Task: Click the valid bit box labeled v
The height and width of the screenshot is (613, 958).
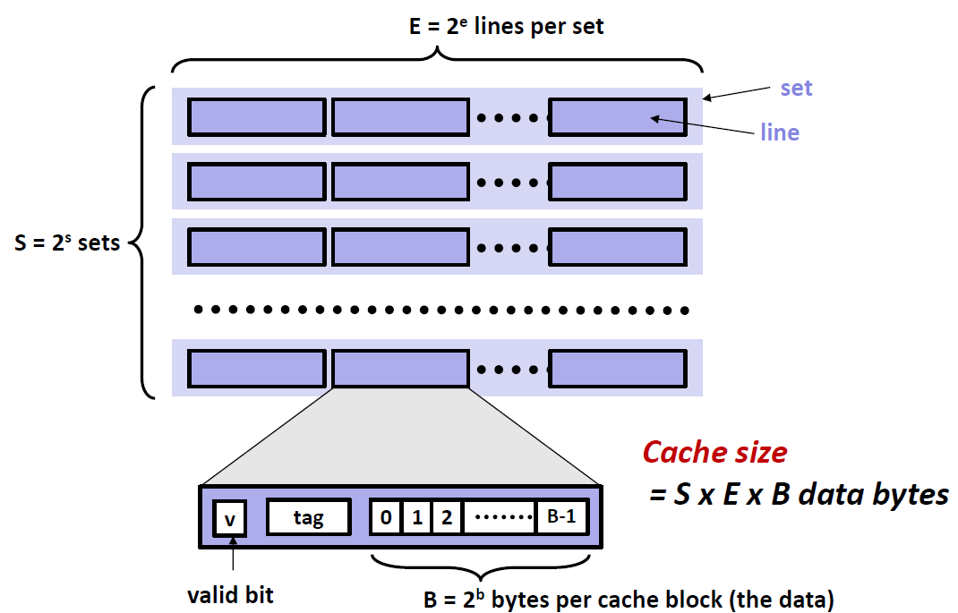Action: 229,518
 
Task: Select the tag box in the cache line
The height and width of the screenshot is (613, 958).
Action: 308,517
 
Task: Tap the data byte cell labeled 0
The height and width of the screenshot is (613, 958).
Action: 386,517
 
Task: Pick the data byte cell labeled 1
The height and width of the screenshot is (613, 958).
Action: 416,517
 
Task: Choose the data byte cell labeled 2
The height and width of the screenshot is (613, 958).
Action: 447,517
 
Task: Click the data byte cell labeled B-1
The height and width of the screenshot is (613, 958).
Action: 561,517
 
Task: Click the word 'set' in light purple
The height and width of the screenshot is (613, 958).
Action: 796,88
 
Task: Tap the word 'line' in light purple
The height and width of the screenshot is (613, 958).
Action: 779,132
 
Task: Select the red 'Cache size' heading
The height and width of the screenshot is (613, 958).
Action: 714,452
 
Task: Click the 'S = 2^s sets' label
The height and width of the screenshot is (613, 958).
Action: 68,242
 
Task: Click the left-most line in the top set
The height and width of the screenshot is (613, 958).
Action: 257,116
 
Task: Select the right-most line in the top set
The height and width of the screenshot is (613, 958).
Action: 618,116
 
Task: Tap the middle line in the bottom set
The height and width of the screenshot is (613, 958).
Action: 400,369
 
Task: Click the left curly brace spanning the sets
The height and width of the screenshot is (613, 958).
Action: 143,242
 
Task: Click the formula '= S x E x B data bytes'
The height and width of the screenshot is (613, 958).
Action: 799,493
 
